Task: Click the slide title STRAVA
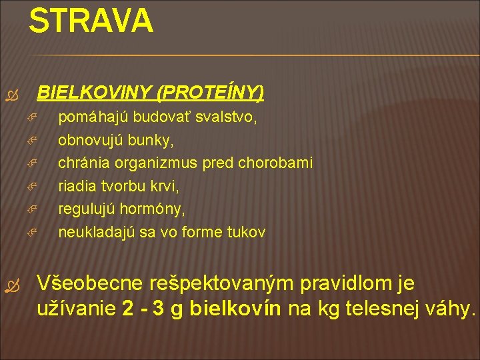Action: (x=91, y=21)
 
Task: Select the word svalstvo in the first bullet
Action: (x=230, y=118)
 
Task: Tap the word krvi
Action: (x=164, y=187)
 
